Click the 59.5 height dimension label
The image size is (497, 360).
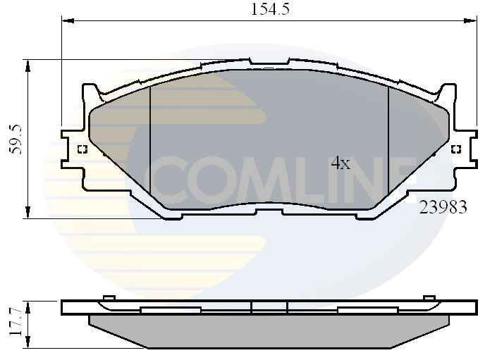pyautogui.click(x=16, y=139)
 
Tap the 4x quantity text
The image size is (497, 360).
pyautogui.click(x=340, y=163)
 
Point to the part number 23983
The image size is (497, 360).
pyautogui.click(x=443, y=208)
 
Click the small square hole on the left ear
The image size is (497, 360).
pyautogui.click(x=81, y=149)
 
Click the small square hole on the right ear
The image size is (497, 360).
pyautogui.click(x=455, y=149)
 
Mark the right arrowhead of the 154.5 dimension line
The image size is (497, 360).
pyautogui.click(x=471, y=22)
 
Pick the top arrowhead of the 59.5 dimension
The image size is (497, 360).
pyautogui.click(x=28, y=65)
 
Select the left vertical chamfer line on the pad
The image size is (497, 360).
pyautogui.click(x=151, y=141)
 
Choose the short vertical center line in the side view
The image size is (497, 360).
pyautogui.click(x=252, y=306)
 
